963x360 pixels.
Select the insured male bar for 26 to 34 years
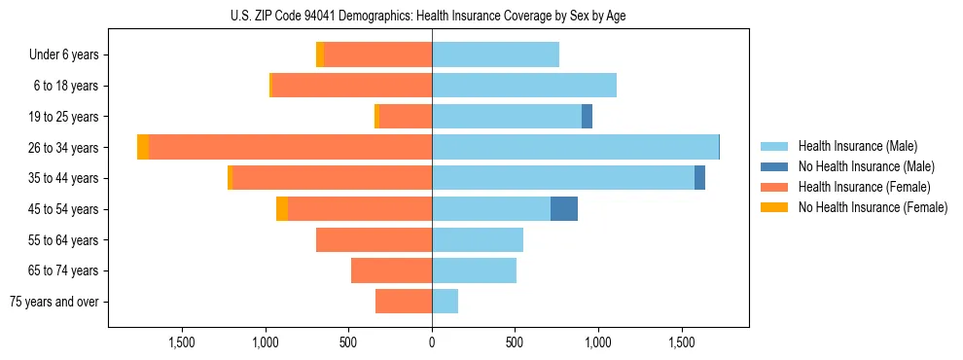click(x=574, y=147)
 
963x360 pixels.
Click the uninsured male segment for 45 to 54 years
click(x=564, y=209)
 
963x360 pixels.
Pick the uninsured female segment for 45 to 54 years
click(x=282, y=209)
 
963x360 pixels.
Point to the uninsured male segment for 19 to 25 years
click(x=587, y=117)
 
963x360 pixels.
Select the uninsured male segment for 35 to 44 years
click(x=699, y=178)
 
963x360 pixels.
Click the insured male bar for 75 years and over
click(x=445, y=302)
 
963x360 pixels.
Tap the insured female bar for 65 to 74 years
click(x=391, y=270)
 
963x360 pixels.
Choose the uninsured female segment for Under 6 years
click(x=320, y=54)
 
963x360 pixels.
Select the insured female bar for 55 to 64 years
click(x=374, y=239)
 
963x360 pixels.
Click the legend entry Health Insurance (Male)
click(x=857, y=146)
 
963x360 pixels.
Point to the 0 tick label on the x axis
click(x=432, y=342)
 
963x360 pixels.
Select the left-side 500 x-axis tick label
click(x=349, y=342)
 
